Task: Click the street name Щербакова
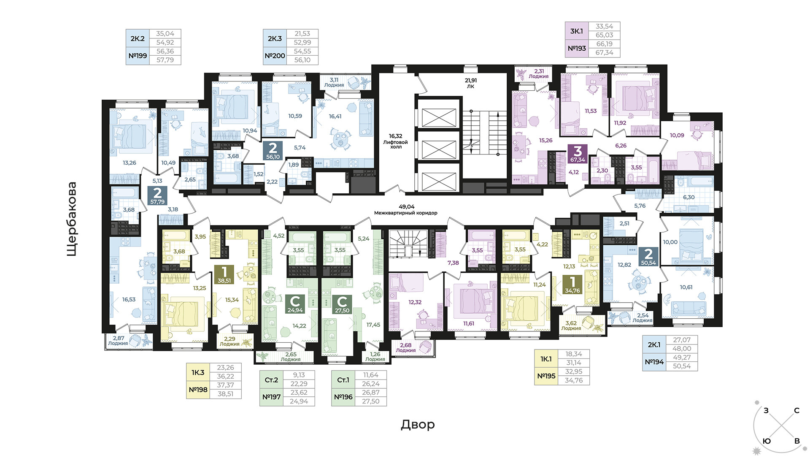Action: [72, 219]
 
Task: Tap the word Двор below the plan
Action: [418, 424]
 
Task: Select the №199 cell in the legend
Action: [138, 56]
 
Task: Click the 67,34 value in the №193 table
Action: [604, 53]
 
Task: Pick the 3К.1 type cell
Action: [576, 31]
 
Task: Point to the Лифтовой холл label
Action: [395, 144]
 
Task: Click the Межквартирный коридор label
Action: [406, 213]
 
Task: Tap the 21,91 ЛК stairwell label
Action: [471, 83]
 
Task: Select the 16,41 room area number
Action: [335, 117]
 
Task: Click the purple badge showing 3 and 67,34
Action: [578, 154]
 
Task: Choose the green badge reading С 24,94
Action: [295, 304]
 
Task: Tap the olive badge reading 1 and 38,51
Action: [224, 274]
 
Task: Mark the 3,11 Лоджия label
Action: [334, 82]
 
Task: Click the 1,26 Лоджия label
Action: [375, 357]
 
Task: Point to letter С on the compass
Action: [796, 410]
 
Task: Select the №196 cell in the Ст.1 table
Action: [343, 397]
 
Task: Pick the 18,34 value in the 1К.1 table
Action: [574, 354]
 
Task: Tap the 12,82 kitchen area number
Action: [624, 265]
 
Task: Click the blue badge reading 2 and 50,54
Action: [648, 256]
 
